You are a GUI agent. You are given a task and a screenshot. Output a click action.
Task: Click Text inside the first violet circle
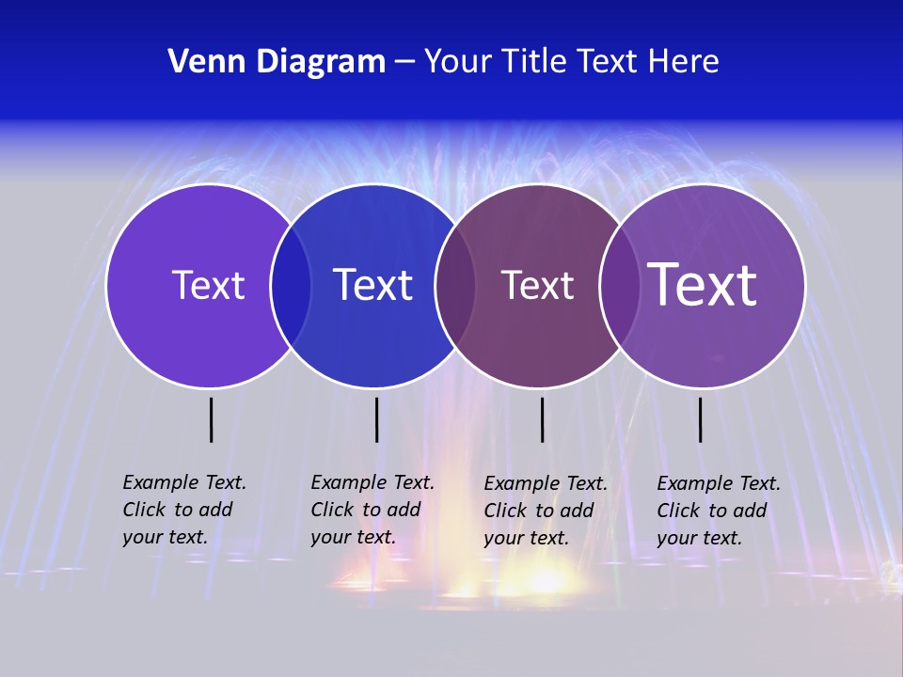point(208,285)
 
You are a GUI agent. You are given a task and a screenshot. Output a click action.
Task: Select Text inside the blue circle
point(372,285)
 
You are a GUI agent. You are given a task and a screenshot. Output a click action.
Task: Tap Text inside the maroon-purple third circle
point(537,285)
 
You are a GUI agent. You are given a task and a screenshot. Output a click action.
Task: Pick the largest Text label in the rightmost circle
point(702,284)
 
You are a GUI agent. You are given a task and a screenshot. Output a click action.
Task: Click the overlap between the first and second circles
point(291,285)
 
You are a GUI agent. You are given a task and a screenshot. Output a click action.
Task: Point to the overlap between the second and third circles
point(455,285)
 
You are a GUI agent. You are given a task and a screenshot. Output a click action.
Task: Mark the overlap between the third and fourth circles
point(619,285)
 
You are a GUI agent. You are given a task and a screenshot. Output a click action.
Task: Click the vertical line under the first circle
point(212,419)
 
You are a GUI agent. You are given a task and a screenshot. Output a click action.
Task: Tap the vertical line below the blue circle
point(376,419)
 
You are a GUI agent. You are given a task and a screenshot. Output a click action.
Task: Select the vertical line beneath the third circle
point(542,419)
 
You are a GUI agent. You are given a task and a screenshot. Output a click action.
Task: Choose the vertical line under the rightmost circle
point(701,419)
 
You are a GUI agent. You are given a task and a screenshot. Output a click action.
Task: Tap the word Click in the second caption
point(332,510)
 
